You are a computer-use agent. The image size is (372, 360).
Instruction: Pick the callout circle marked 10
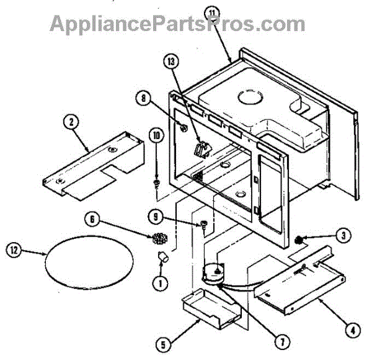(x=156, y=135)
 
